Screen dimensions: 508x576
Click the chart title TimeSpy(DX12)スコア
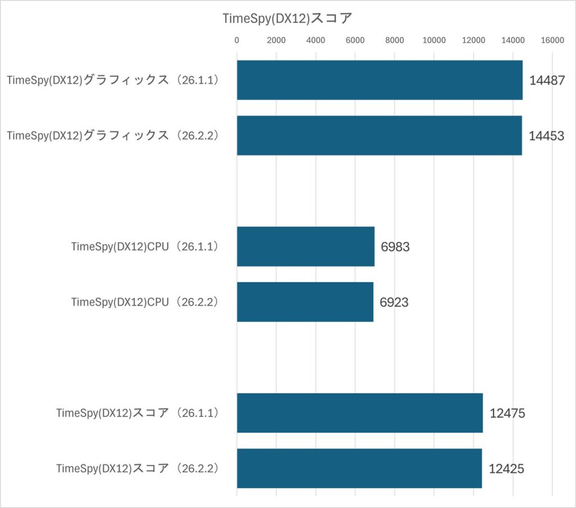tap(287, 18)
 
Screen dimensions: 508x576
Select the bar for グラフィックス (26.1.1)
tap(380, 80)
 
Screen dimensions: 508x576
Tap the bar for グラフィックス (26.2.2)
tap(379, 135)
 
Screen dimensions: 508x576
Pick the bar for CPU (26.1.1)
tap(305, 246)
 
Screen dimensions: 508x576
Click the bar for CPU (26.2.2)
tap(305, 302)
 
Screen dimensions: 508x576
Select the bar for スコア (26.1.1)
tap(359, 413)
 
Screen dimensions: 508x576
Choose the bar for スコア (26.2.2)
tap(359, 468)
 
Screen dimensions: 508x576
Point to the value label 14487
tap(547, 80)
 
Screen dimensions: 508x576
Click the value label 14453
tap(546, 136)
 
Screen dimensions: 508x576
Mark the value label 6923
tap(394, 302)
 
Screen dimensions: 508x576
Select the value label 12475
tap(507, 414)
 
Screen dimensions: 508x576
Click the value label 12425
tap(507, 469)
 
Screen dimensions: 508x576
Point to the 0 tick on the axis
tap(237, 40)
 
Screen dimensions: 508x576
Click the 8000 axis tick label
tap(395, 40)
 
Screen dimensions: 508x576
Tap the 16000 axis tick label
tap(552, 40)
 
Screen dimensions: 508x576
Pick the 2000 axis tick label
tap(276, 40)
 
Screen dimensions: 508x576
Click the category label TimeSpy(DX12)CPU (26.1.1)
tap(145, 247)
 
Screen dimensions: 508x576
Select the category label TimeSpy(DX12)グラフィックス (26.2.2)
tap(112, 136)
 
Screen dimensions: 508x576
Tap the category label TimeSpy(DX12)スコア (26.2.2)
tap(137, 469)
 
